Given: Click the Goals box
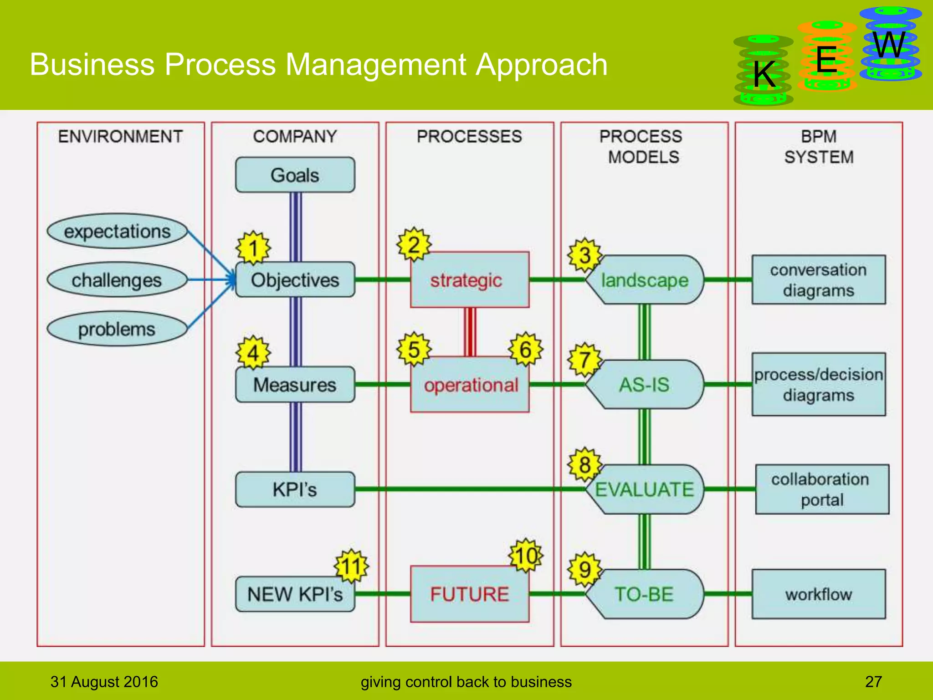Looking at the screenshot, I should [x=295, y=175].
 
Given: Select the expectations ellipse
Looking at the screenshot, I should [x=117, y=232].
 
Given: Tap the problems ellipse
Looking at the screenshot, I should [x=117, y=329].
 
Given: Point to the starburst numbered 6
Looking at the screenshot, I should [x=525, y=350].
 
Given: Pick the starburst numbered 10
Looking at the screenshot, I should [x=525, y=556].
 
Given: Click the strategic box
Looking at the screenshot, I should [x=469, y=280].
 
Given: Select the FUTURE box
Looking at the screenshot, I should [x=469, y=594].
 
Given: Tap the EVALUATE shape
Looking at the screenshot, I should [x=644, y=489].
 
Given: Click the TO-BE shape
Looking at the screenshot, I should [x=644, y=594].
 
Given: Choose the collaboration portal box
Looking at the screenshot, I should [x=821, y=489].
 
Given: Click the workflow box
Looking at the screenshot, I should [x=818, y=594].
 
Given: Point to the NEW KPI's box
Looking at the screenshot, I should [x=295, y=594].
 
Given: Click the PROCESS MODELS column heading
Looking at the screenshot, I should [x=642, y=146].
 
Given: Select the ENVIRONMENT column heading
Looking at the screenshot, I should [x=120, y=136].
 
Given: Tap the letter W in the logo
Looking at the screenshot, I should [x=889, y=45].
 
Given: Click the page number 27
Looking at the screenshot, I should [x=873, y=682].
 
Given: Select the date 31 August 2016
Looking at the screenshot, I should [x=104, y=682].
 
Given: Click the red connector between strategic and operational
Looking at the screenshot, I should [x=470, y=332].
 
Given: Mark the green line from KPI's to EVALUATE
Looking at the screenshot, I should [x=469, y=489].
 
